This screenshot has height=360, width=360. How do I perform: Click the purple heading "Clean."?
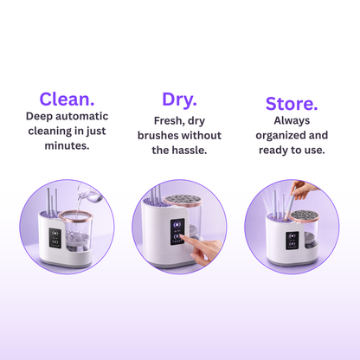[67, 99]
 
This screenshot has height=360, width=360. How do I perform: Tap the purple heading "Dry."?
[179, 100]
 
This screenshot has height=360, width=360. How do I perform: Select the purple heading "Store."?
[292, 104]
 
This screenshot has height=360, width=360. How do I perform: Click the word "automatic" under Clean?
[82, 116]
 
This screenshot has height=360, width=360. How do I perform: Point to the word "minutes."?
[67, 145]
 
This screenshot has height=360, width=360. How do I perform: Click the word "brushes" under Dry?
[157, 135]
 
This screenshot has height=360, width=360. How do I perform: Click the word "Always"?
[292, 120]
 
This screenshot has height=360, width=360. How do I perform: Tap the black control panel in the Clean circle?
[55, 237]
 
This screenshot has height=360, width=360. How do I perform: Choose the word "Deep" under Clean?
[39, 116]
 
